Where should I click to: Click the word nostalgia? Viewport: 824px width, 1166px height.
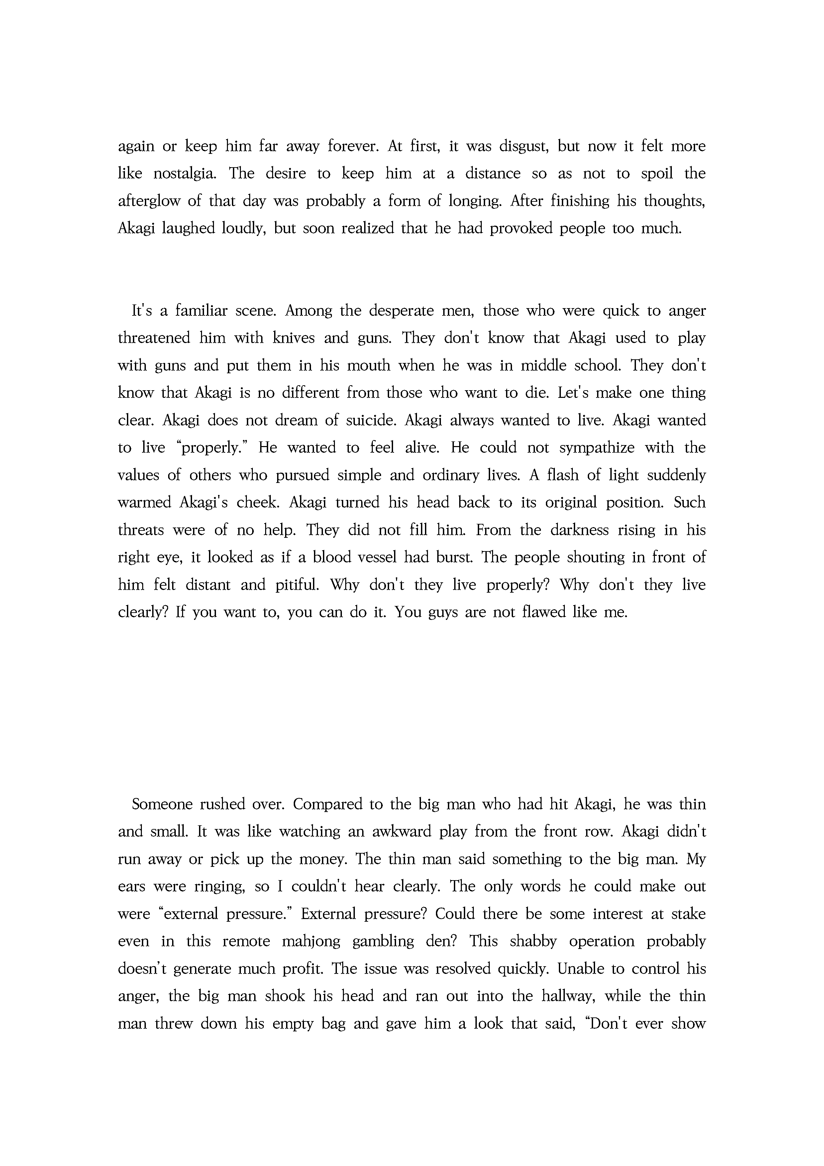pyautogui.click(x=185, y=174)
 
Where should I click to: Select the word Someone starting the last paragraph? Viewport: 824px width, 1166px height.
pyautogui.click(x=162, y=804)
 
